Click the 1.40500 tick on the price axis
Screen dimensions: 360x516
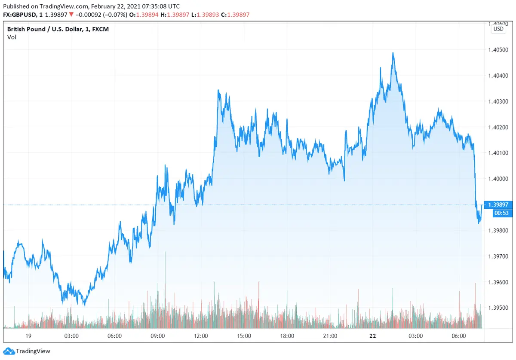498,50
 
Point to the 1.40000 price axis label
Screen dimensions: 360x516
498,179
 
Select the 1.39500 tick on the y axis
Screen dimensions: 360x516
498,308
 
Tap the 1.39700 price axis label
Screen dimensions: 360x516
498,256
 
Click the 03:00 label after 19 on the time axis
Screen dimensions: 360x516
71,336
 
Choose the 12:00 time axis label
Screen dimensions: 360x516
201,336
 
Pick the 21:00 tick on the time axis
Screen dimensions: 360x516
330,336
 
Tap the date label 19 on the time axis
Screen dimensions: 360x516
28,336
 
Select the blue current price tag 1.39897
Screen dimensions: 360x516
498,204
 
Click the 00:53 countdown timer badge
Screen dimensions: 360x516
498,213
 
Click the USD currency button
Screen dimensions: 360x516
498,29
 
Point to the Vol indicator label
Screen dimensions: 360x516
12,37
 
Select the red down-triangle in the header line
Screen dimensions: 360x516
71,15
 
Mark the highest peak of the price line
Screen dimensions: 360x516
393,53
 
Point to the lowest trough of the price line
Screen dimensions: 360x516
84,305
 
